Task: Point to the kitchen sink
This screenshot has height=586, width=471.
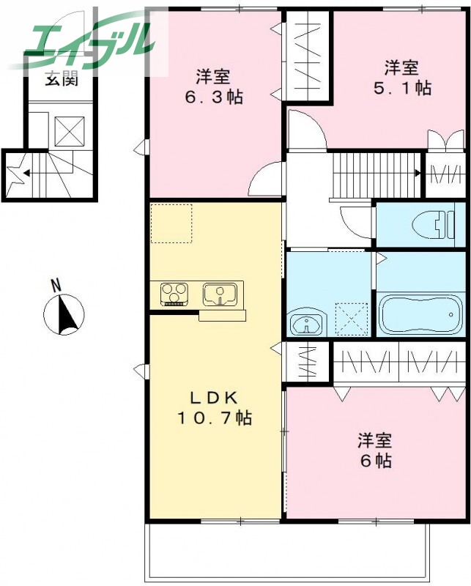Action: pyautogui.click(x=220, y=294)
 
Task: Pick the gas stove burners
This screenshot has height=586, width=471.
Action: pyautogui.click(x=176, y=294)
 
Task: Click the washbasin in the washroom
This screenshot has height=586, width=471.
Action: pyautogui.click(x=305, y=324)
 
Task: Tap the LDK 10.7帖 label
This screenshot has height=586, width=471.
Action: pyautogui.click(x=214, y=408)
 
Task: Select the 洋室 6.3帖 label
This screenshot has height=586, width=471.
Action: pyautogui.click(x=213, y=86)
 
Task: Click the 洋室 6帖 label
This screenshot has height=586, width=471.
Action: pyautogui.click(x=374, y=450)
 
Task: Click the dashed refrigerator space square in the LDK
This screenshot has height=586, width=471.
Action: pyautogui.click(x=171, y=223)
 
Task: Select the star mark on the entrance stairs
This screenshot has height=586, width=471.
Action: pyautogui.click(x=14, y=174)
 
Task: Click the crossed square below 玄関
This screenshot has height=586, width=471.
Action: pyautogui.click(x=71, y=132)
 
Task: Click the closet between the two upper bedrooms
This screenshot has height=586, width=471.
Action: pyautogui.click(x=308, y=55)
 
